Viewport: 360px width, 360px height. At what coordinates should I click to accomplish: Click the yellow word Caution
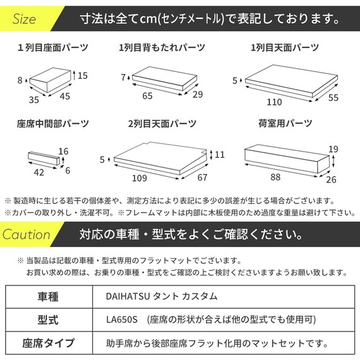[x=27, y=235]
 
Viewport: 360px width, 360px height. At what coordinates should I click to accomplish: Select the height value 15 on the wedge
[x=82, y=75]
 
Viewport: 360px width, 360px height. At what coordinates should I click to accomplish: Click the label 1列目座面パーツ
[x=52, y=47]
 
